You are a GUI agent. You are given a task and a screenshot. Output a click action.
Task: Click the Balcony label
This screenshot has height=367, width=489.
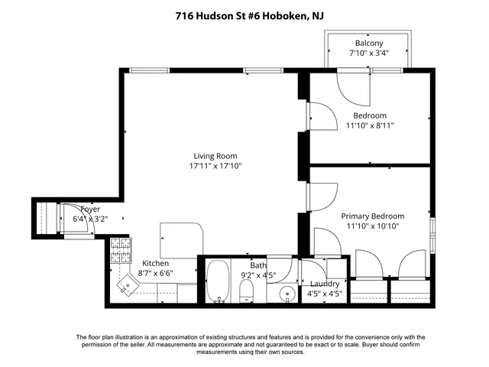(x=369, y=43)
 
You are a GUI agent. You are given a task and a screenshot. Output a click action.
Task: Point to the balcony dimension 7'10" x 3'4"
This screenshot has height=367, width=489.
(x=369, y=53)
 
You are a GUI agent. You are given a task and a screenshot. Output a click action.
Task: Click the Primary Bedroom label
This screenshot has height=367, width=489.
(x=372, y=216)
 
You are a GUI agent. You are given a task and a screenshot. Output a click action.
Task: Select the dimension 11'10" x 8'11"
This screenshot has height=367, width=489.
(x=369, y=126)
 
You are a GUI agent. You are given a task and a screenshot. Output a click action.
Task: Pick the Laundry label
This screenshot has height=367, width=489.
(x=323, y=283)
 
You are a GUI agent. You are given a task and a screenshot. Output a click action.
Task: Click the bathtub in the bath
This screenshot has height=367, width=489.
(x=218, y=283)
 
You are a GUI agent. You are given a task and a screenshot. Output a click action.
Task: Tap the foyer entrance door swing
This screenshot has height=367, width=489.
(x=76, y=218)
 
